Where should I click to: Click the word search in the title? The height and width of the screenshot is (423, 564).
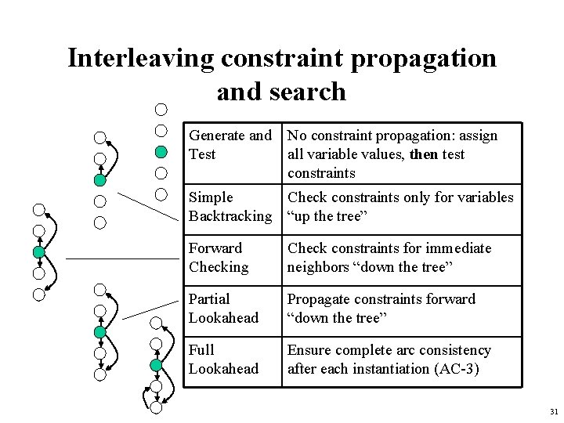click(x=305, y=92)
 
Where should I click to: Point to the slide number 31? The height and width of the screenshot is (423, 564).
click(x=554, y=411)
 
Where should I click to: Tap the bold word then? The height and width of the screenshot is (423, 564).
click(x=424, y=154)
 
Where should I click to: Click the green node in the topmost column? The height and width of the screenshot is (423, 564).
click(x=161, y=152)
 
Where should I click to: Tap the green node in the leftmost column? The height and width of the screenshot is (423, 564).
click(x=38, y=252)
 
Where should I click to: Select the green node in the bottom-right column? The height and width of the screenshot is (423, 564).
click(x=156, y=365)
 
